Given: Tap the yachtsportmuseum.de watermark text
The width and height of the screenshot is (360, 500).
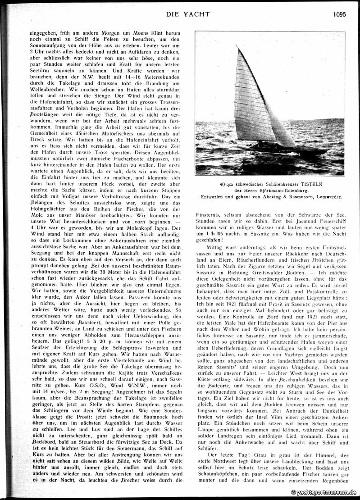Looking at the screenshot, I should click(x=324, y=493).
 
